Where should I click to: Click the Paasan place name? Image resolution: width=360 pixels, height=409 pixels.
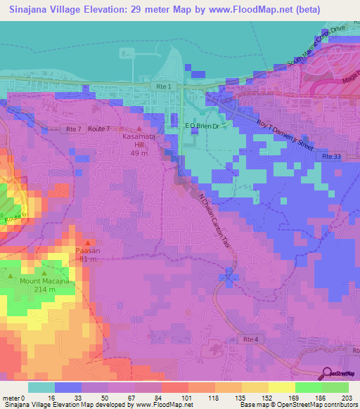click(x=87, y=249)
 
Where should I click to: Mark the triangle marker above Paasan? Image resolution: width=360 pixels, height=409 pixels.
click(x=87, y=242)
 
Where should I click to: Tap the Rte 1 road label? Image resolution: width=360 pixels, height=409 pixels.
click(x=161, y=85)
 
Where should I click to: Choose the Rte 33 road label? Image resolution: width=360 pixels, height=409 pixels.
click(x=332, y=156)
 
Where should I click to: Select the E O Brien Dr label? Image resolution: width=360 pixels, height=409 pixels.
click(x=202, y=126)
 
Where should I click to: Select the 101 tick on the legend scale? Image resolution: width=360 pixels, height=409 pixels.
click(x=188, y=397)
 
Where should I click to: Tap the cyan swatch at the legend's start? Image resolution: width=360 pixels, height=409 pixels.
click(x=41, y=387)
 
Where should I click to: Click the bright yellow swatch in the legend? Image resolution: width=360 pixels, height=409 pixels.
click(x=281, y=387)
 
